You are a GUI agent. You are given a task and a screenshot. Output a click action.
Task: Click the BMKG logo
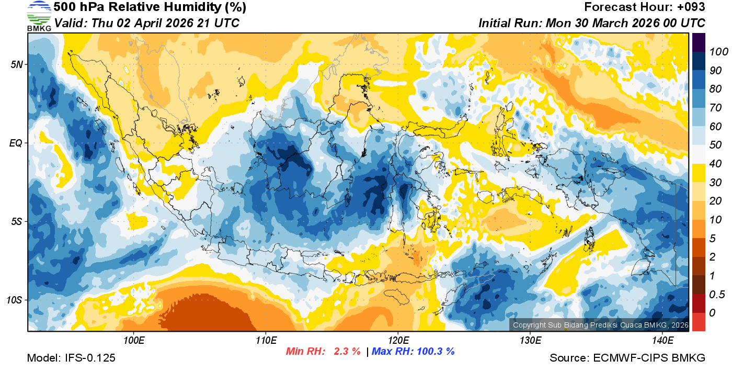coord(39,16)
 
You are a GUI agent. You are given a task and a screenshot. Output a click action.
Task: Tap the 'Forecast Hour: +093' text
coord(645,7)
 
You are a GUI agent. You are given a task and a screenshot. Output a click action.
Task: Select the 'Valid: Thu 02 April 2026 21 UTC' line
coord(147,24)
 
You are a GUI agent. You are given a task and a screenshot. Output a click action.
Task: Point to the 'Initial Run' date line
coord(592,24)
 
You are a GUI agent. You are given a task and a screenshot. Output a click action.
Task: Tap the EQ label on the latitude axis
coord(16,143)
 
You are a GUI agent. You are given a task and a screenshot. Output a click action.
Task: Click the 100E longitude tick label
coord(134,341)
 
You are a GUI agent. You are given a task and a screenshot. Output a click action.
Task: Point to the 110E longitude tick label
coord(266,341)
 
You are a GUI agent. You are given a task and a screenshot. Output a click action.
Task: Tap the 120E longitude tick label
coord(398,341)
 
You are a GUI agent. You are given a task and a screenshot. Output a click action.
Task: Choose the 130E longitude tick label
coord(530,341)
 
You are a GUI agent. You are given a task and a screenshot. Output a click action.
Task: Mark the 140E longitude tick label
coord(662,341)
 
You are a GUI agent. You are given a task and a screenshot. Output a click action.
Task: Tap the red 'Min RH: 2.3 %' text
coord(323,352)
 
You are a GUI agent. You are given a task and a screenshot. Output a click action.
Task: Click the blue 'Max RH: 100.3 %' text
coord(413,352)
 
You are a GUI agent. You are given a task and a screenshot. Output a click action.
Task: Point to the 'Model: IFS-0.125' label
coord(71,358)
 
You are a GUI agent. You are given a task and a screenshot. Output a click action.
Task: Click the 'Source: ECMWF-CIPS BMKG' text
coord(627,358)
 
